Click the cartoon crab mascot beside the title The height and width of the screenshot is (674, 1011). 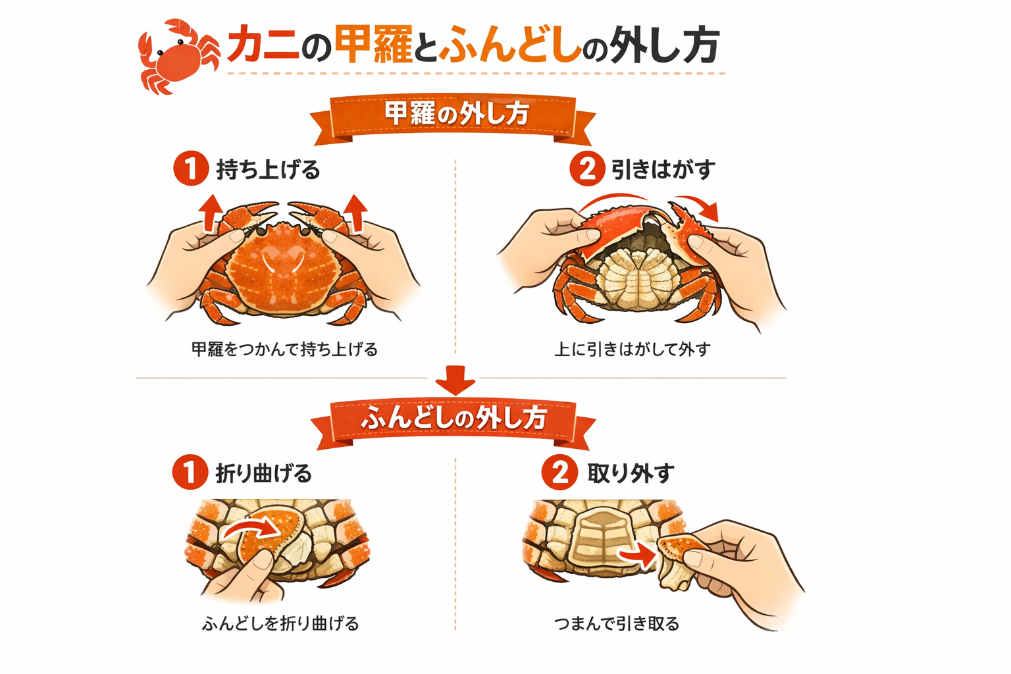point(179,58)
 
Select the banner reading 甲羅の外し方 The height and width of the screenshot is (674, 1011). point(453,118)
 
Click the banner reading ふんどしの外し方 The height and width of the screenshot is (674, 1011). point(453,423)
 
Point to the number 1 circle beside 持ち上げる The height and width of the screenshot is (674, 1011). point(191,168)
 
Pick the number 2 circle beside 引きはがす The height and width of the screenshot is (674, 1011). point(586,168)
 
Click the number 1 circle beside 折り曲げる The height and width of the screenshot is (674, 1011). point(190,472)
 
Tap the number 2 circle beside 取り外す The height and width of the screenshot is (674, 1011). point(559,472)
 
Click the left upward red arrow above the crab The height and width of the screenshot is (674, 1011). point(211,213)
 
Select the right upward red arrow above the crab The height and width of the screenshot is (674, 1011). point(355,213)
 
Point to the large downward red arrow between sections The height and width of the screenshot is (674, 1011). point(455,380)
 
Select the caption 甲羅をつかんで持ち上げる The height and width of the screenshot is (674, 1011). point(284,350)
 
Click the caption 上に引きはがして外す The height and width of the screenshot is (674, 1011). point(633,350)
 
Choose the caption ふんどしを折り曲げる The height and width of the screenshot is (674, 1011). point(280,623)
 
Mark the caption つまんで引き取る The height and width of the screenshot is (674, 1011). point(617,623)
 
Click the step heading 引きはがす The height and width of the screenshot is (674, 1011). point(663,169)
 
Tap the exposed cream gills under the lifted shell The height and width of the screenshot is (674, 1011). point(637,278)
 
